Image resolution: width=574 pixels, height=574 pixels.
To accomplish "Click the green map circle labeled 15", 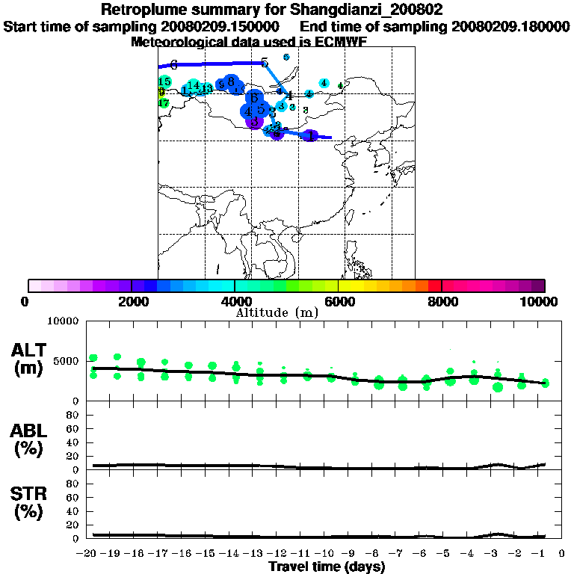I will point(165,81).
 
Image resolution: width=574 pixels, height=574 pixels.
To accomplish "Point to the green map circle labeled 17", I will point(164,103).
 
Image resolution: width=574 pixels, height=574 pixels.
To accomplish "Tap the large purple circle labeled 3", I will point(254,121).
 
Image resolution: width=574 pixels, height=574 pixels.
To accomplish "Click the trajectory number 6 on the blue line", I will point(173,65).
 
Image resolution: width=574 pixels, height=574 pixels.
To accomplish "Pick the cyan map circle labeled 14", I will point(194,86).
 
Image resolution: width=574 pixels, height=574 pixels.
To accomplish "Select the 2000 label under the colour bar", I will point(131,301).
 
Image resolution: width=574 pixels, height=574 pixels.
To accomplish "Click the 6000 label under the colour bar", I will point(338,301).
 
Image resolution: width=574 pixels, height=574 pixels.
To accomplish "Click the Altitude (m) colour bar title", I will point(277,312).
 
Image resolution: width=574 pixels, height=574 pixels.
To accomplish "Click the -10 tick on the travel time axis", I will point(327,554).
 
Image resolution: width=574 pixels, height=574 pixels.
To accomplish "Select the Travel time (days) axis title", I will point(327,567).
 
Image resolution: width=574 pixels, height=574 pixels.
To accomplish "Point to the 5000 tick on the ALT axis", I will point(67,361).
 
